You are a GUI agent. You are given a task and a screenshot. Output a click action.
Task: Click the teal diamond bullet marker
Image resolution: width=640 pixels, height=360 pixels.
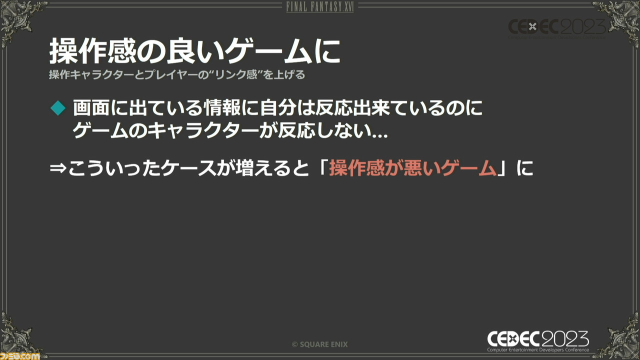coord(58,108)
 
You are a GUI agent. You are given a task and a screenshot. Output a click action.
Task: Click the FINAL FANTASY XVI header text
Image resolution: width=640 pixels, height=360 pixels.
coord(320,7)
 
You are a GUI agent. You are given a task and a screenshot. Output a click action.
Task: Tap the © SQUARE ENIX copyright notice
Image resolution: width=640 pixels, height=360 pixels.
coord(319,344)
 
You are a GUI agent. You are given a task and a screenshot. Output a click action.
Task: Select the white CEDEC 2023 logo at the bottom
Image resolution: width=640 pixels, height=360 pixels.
coord(538,341)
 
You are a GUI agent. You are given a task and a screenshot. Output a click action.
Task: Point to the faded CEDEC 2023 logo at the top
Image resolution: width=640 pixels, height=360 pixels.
coord(557,28)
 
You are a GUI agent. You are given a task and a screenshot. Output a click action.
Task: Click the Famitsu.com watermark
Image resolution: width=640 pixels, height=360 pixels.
coord(20,356)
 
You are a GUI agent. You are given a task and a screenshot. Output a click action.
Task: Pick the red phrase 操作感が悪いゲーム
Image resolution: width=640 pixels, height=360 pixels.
coord(412,168)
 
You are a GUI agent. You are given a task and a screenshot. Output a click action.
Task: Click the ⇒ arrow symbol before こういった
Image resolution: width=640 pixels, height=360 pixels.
coord(58,168)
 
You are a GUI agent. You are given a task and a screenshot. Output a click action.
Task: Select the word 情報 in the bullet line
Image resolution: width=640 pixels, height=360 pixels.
coord(222,108)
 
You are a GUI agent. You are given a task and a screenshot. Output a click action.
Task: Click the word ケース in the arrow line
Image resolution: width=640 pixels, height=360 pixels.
coord(187,168)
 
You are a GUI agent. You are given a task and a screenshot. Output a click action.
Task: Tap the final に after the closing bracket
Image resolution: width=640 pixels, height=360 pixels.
coord(525,168)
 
